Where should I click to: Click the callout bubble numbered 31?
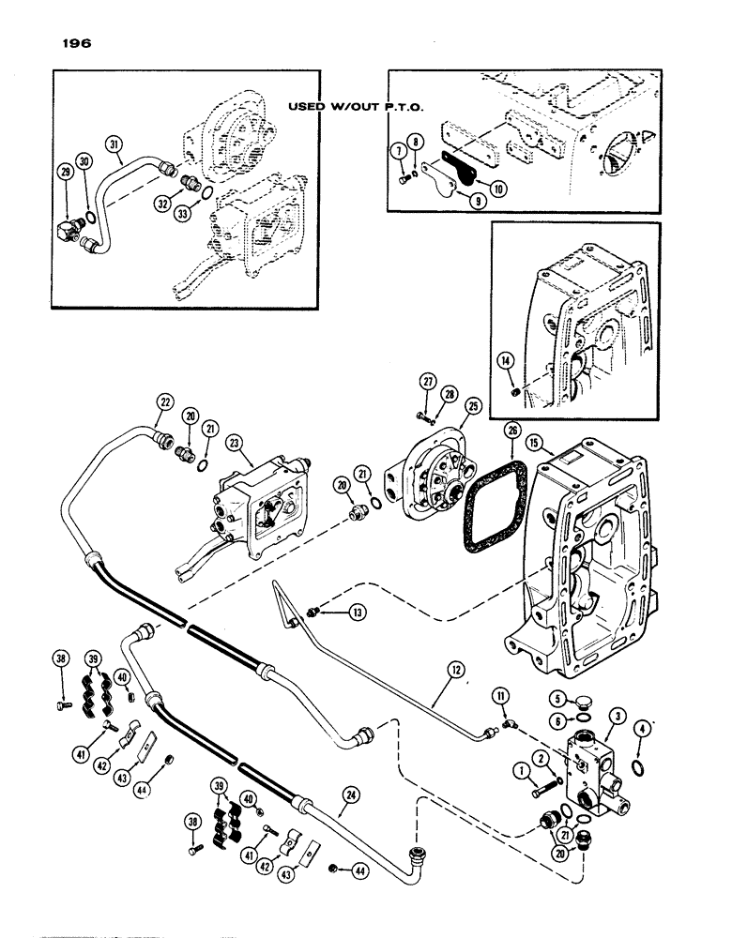114,144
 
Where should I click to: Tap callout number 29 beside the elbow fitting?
66,172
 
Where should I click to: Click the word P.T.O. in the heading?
400,108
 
